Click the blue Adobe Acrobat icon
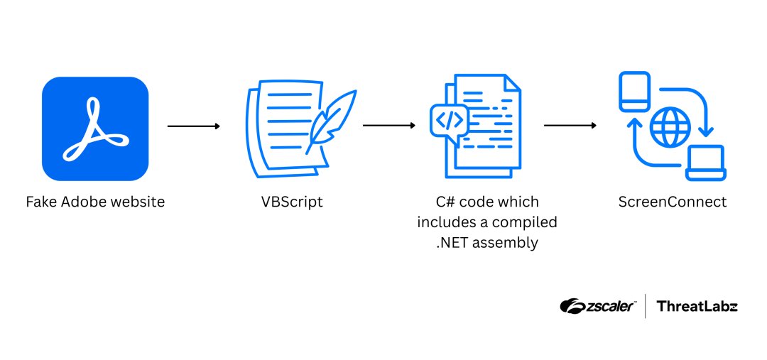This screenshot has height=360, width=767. tap(95, 129)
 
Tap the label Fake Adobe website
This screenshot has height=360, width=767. tap(95, 202)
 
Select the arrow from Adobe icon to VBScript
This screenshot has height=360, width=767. tap(193, 126)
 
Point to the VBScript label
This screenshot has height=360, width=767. tap(291, 202)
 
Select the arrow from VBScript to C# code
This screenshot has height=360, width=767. tap(388, 126)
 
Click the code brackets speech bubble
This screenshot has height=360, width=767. tap(449, 121)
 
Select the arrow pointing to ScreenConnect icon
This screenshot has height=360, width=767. tap(570, 126)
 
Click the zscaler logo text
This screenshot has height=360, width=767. tap(611, 306)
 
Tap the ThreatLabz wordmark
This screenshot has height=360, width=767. tap(697, 306)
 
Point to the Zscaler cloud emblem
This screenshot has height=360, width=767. tap(572, 306)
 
